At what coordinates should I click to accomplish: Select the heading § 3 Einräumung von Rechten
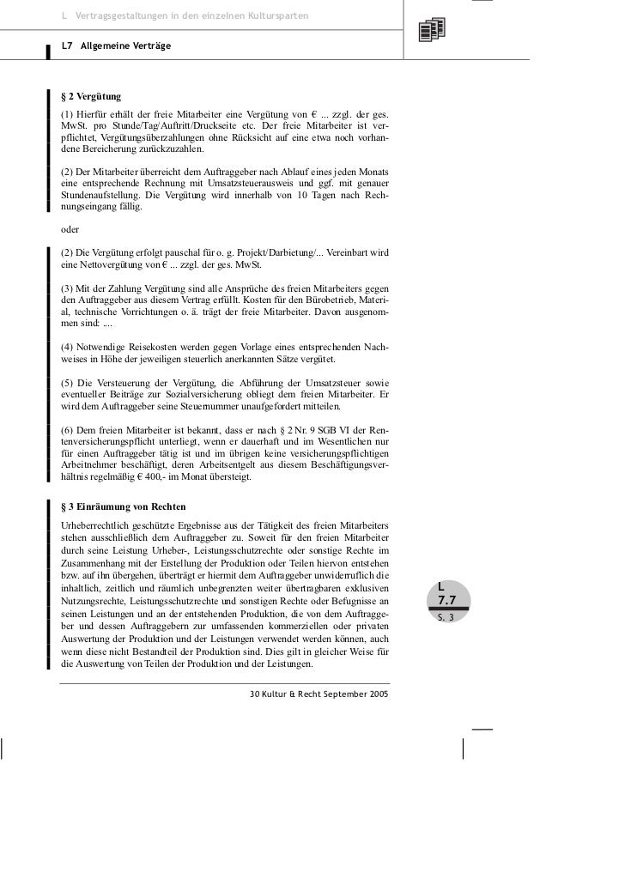click(x=124, y=506)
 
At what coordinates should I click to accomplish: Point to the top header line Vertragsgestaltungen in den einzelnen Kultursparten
click(x=189, y=17)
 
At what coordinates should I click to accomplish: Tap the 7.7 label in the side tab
click(x=446, y=601)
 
